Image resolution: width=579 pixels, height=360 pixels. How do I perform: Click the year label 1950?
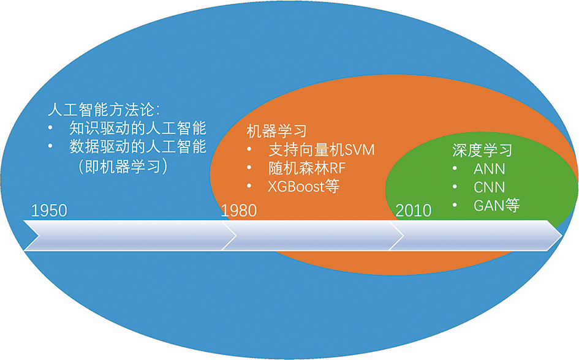click(49, 211)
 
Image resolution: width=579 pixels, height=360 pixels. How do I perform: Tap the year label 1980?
click(238, 211)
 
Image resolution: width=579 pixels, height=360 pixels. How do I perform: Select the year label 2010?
click(414, 211)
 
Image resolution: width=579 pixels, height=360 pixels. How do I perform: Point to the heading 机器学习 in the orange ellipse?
click(276, 131)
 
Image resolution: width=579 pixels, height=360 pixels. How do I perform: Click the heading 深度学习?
click(482, 150)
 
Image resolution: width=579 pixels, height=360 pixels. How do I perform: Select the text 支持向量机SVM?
click(321, 150)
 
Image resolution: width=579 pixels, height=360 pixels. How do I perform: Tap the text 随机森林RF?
click(306, 168)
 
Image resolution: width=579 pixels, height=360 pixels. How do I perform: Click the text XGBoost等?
click(303, 186)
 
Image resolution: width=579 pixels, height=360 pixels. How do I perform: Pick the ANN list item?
click(490, 169)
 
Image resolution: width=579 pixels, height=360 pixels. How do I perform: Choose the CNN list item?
click(490, 187)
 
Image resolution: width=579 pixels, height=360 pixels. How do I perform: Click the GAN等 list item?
click(497, 205)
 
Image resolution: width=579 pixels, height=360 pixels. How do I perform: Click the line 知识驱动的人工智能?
click(138, 128)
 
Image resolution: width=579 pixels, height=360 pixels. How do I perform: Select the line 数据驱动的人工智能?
click(138, 146)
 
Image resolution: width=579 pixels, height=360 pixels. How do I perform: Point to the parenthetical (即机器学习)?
click(123, 167)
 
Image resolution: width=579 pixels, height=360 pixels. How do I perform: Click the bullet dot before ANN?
click(455, 168)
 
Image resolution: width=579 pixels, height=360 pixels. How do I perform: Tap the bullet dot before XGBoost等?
click(249, 186)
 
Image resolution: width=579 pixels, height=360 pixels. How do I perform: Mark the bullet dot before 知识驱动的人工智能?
click(51, 127)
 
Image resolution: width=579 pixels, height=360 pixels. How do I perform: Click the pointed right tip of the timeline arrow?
click(562, 235)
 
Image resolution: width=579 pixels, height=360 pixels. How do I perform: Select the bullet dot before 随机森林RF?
click(249, 168)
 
